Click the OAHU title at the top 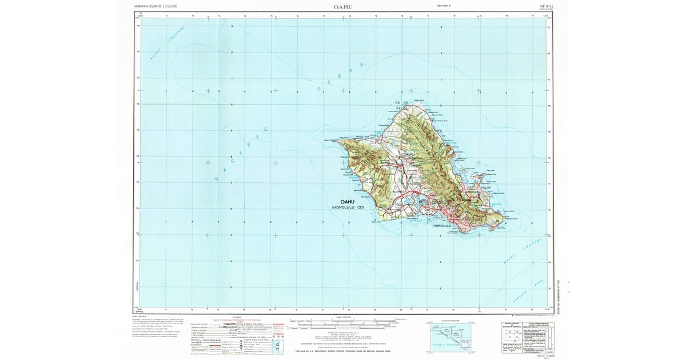(343, 7)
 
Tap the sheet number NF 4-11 (546, 6)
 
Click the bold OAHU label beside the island (347, 202)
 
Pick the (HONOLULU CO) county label (347, 207)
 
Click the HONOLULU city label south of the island (442, 226)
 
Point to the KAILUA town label (485, 187)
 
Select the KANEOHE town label (472, 192)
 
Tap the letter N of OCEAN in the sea (361, 65)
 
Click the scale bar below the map (343, 323)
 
